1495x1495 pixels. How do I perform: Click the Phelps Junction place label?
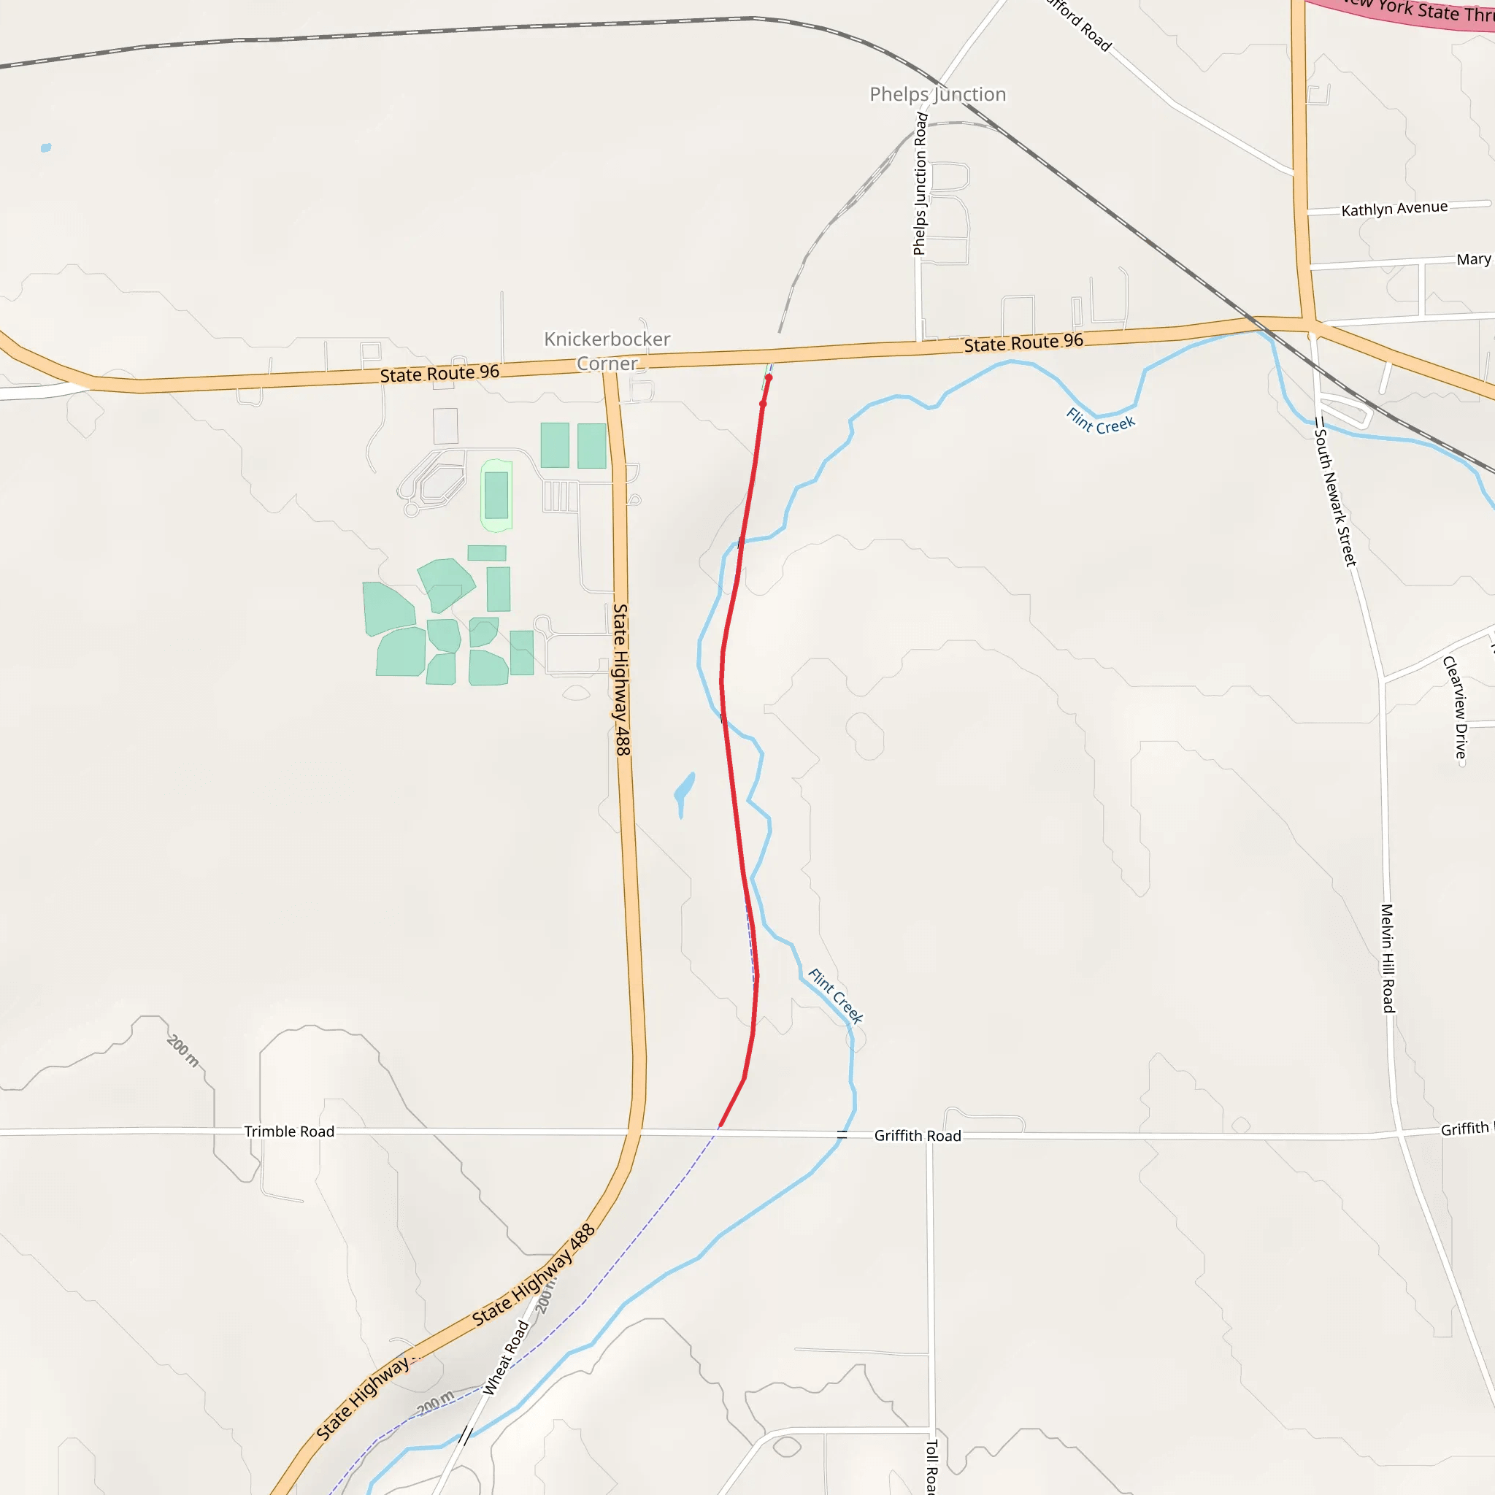click(x=937, y=94)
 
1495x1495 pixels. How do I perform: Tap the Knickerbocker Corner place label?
click(x=607, y=351)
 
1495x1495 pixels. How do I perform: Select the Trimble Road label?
click(x=289, y=1131)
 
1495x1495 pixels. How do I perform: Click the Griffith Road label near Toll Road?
click(x=917, y=1136)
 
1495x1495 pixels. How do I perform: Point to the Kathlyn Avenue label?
click(x=1394, y=208)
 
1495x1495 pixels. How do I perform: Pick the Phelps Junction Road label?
click(x=920, y=183)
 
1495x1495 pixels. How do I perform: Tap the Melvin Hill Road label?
click(x=1388, y=958)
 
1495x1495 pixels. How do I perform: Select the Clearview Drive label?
click(x=1455, y=707)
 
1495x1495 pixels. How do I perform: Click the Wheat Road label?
click(x=506, y=1358)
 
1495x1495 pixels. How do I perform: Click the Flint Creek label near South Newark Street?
click(x=1099, y=421)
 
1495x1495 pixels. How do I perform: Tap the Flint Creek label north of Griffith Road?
click(x=835, y=995)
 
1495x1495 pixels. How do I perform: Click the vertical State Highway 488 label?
click(x=621, y=680)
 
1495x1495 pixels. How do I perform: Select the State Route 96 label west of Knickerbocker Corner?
click(x=439, y=374)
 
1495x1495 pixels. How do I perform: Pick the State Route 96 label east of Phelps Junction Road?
click(x=1023, y=342)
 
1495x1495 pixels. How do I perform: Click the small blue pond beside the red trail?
click(x=684, y=789)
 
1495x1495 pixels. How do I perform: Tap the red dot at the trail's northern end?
click(x=769, y=377)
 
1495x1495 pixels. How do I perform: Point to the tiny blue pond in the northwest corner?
click(x=47, y=147)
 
